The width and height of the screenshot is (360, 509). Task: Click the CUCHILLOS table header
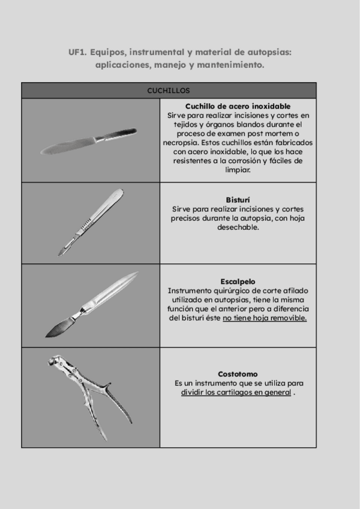tap(169, 91)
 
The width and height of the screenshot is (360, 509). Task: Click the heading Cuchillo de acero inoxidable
tap(238, 106)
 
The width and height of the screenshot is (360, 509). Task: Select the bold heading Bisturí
tap(238, 199)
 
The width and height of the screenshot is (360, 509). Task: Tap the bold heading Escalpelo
tap(238, 281)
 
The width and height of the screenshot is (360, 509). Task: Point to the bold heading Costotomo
tap(238, 374)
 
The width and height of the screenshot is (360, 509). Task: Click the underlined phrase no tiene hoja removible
tap(265, 318)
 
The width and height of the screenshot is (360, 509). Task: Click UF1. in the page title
tap(77, 52)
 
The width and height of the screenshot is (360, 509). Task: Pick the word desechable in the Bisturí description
tap(238, 227)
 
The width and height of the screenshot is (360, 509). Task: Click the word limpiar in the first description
tap(238, 170)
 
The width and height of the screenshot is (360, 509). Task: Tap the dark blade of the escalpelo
tap(58, 328)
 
